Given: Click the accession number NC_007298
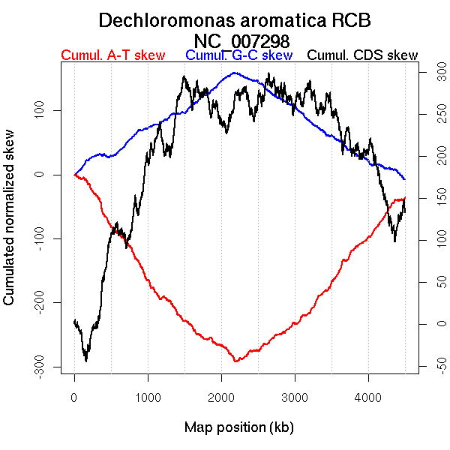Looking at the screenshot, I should (x=241, y=40).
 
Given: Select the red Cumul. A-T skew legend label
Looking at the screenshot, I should (x=112, y=56).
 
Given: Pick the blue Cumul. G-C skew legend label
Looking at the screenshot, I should (x=238, y=56).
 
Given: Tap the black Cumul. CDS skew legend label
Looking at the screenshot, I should (x=363, y=56).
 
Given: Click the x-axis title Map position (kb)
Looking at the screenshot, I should (x=238, y=427).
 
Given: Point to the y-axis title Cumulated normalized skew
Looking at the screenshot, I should (x=10, y=227).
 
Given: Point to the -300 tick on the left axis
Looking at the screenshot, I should (x=49, y=367).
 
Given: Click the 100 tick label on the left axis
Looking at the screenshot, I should (x=49, y=111).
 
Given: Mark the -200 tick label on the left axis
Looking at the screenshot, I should (x=49, y=303).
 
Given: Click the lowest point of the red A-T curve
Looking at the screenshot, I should (x=235, y=361).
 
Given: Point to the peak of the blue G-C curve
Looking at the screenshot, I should (x=235, y=73).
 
